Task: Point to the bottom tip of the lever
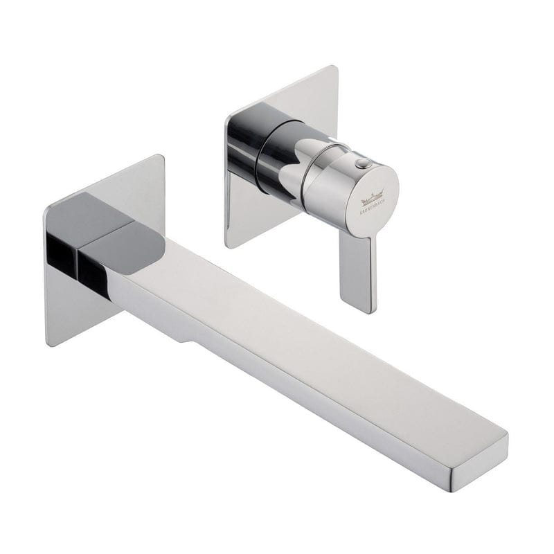[361, 310]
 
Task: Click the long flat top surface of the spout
[312, 325]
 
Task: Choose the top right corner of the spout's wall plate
[161, 157]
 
